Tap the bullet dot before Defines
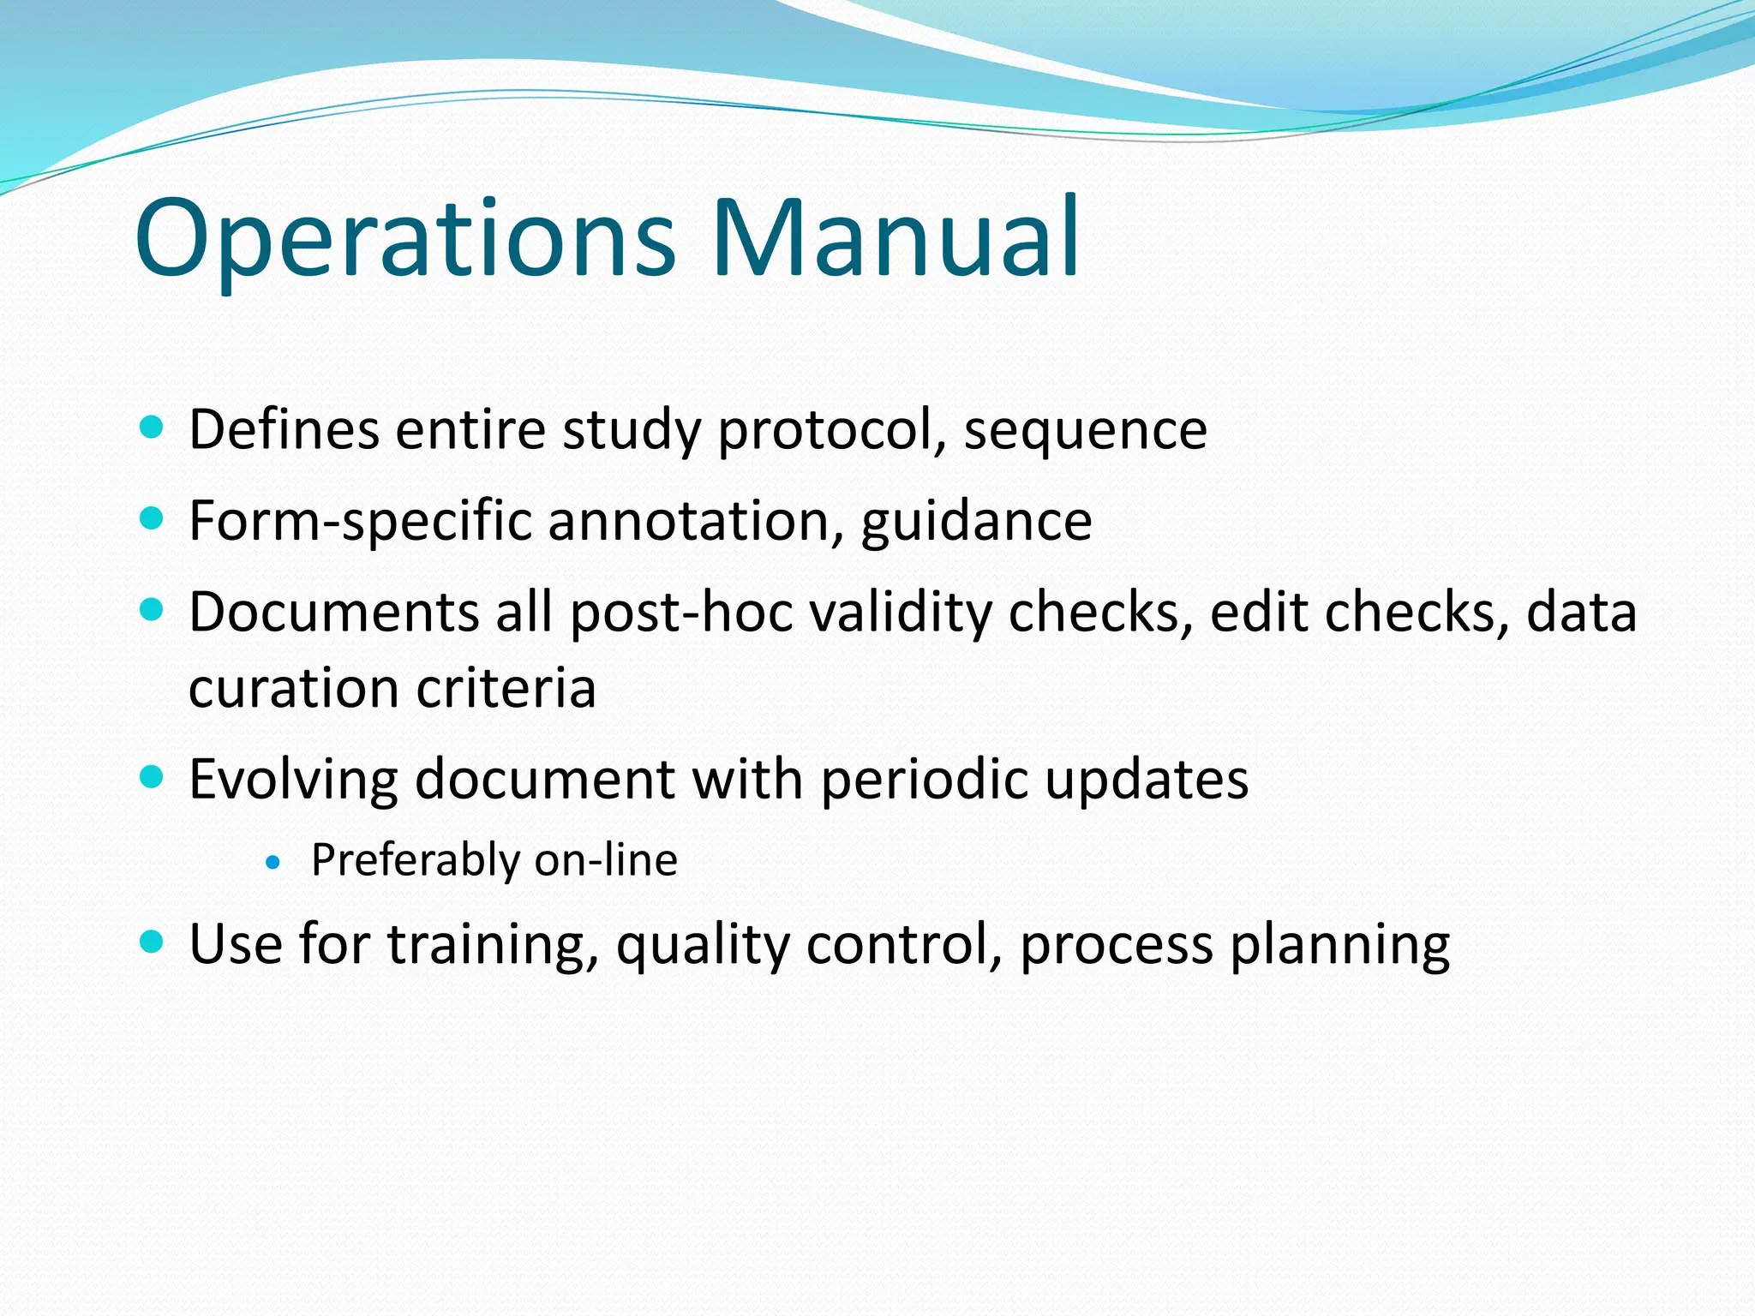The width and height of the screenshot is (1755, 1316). click(151, 427)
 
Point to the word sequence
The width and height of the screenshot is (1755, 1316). click(1085, 430)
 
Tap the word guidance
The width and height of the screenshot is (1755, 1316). click(976, 521)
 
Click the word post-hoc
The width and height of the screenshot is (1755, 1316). click(681, 613)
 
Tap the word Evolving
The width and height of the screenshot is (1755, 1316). click(293, 780)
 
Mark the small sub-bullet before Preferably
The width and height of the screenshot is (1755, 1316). click(273, 863)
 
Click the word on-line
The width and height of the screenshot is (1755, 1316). click(605, 859)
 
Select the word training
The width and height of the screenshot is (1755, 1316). click(492, 944)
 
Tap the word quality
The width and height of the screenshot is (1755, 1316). click(702, 946)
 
